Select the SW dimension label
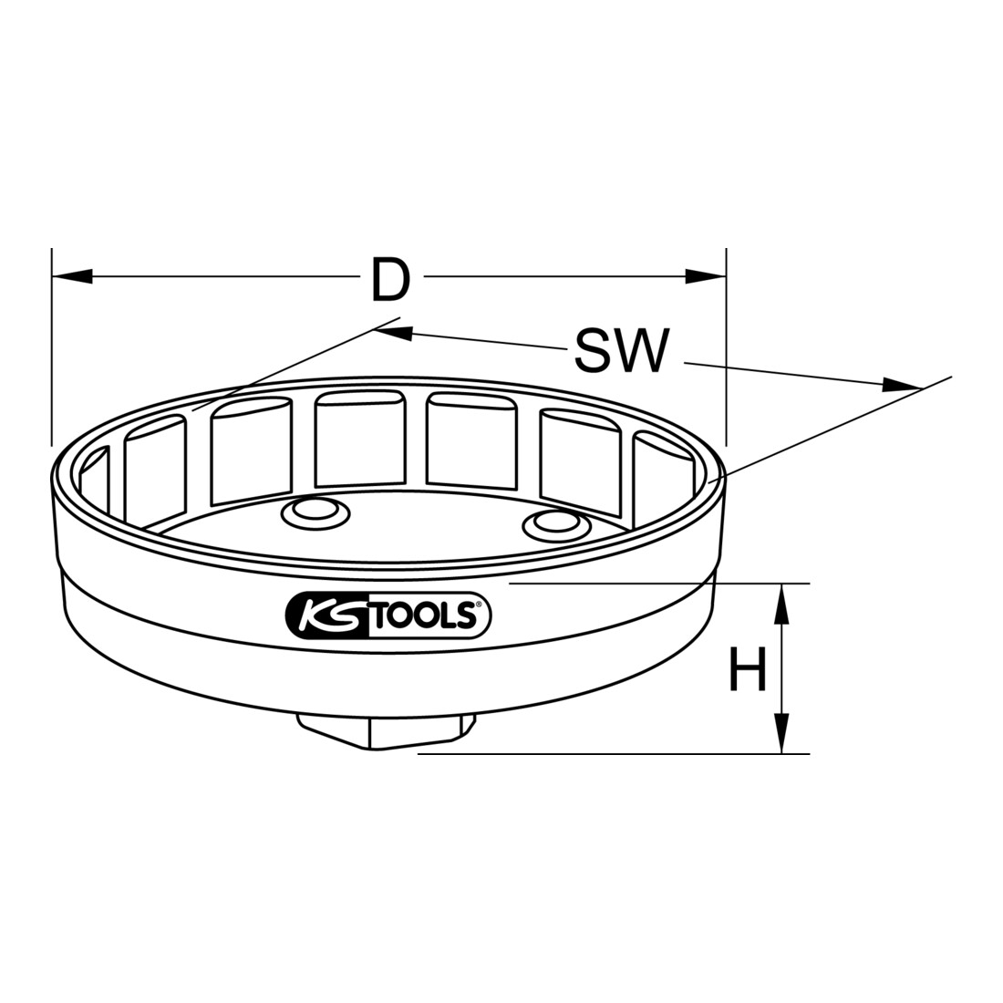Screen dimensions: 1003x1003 621,350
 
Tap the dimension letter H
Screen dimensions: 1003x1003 748,668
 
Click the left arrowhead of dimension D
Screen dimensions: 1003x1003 72,275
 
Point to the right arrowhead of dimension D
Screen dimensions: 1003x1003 706,275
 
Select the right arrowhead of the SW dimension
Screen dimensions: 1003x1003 901,385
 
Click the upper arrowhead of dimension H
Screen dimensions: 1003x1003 781,604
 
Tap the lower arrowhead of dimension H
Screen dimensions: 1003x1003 781,733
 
